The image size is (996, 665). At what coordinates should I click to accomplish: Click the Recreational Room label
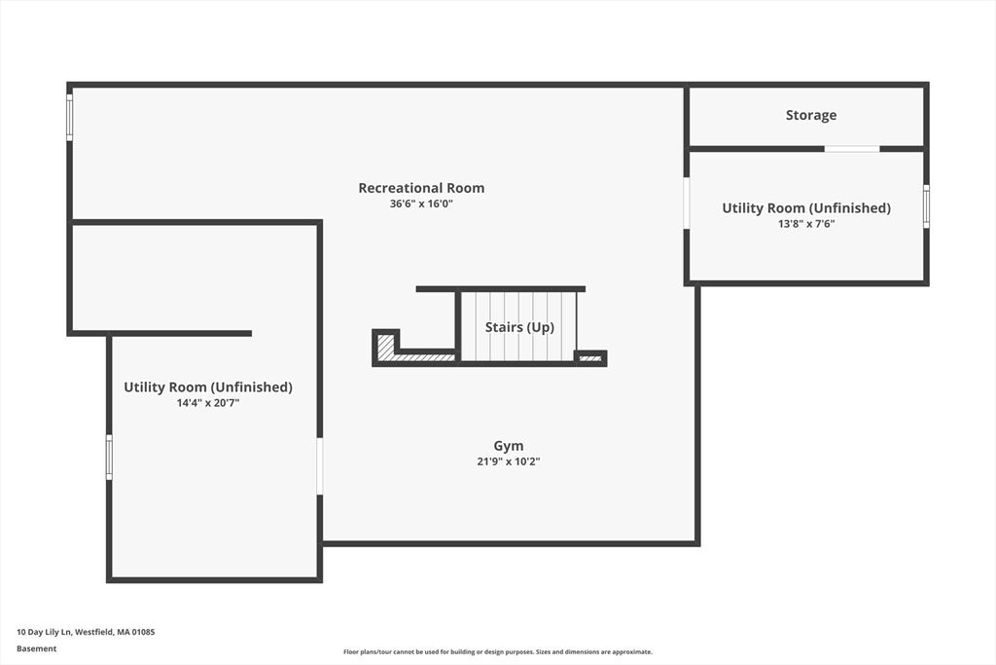(x=421, y=188)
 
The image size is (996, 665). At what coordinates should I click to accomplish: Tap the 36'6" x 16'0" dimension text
(x=421, y=204)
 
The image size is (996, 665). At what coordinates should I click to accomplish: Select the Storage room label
(x=810, y=115)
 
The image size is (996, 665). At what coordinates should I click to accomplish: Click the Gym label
(x=508, y=446)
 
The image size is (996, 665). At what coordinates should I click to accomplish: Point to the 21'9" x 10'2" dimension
(x=508, y=462)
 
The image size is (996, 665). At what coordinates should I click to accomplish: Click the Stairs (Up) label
(x=519, y=327)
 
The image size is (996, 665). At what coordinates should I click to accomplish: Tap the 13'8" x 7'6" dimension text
(x=805, y=223)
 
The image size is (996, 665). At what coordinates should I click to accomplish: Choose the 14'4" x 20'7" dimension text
(x=207, y=402)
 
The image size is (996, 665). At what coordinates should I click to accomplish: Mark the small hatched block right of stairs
(x=590, y=358)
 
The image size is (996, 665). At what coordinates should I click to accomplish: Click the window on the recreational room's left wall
(x=69, y=117)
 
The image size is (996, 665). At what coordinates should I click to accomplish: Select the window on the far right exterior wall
(x=926, y=206)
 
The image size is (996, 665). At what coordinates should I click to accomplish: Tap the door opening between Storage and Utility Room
(x=852, y=149)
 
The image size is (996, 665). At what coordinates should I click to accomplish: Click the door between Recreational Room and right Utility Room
(x=687, y=203)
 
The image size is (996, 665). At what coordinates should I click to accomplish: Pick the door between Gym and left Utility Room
(x=319, y=466)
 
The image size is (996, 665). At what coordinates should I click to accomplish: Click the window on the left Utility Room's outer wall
(x=109, y=457)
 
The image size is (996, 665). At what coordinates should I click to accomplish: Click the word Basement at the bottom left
(x=36, y=648)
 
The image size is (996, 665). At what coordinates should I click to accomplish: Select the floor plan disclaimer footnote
(x=497, y=652)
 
